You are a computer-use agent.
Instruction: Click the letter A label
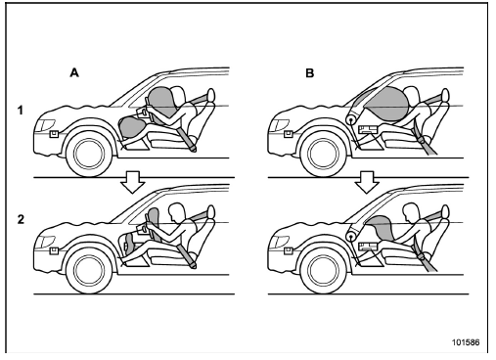pyautogui.click(x=74, y=72)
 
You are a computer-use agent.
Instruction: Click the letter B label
pyautogui.click(x=309, y=73)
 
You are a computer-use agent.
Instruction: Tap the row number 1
pyautogui.click(x=21, y=111)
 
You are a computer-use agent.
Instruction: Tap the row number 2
pyautogui.click(x=21, y=219)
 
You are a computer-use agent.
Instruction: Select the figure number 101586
pyautogui.click(x=466, y=342)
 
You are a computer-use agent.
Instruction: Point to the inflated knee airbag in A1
pyautogui.click(x=131, y=127)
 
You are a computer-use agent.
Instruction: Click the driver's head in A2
pyautogui.click(x=175, y=212)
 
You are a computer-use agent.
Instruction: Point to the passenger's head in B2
pyautogui.click(x=411, y=212)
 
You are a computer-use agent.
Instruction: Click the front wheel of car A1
pyautogui.click(x=89, y=154)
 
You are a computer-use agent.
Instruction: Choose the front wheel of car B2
pyautogui.click(x=323, y=270)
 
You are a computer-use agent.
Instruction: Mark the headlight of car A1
pyautogui.click(x=46, y=125)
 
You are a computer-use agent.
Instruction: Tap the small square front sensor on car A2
pyautogui.click(x=54, y=250)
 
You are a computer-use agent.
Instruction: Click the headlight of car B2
pyautogui.click(x=280, y=242)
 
